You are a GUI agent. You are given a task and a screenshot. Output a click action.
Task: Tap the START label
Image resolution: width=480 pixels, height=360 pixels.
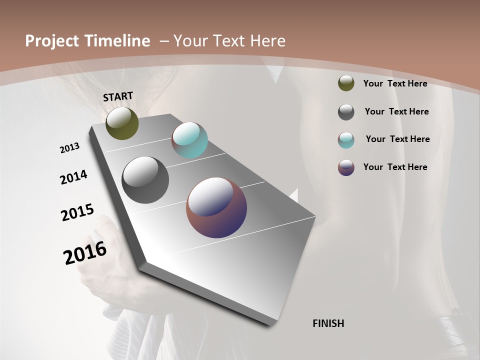coord(118,96)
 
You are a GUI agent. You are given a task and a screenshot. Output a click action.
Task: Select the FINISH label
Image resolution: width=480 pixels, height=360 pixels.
coord(328,323)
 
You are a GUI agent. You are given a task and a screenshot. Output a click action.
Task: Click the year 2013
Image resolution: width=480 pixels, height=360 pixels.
coord(70,148)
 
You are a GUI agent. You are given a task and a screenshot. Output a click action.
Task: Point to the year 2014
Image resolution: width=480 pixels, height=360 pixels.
coord(73,177)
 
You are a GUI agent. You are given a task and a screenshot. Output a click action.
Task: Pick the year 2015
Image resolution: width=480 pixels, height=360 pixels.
coord(77,212)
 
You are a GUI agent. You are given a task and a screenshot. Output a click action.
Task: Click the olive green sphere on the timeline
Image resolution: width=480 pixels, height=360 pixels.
coord(122,123)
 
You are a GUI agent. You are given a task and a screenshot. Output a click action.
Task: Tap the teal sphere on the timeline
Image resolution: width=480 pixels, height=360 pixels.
coord(190,140)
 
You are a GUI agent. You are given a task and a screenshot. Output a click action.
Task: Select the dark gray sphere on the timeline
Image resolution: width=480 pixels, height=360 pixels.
coord(145,180)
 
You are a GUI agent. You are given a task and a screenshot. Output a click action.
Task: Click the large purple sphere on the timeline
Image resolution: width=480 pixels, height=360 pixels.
coord(216,207)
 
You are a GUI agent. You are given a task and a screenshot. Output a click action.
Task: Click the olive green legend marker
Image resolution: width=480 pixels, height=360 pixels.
coord(346,83)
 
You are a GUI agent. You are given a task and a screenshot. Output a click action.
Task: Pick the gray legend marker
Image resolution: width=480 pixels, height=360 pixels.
coord(346,112)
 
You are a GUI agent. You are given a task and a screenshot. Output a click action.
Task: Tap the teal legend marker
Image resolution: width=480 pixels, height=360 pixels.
coord(346,140)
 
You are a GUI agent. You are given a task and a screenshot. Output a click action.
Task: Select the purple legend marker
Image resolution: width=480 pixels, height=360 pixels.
coord(346,167)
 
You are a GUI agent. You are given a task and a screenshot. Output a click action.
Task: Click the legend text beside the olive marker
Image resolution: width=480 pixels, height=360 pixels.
coord(395,83)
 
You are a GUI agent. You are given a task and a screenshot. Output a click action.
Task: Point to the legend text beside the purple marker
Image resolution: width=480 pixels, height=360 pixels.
coord(395,167)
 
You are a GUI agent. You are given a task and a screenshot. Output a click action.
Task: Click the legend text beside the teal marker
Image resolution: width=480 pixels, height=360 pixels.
coord(397,139)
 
